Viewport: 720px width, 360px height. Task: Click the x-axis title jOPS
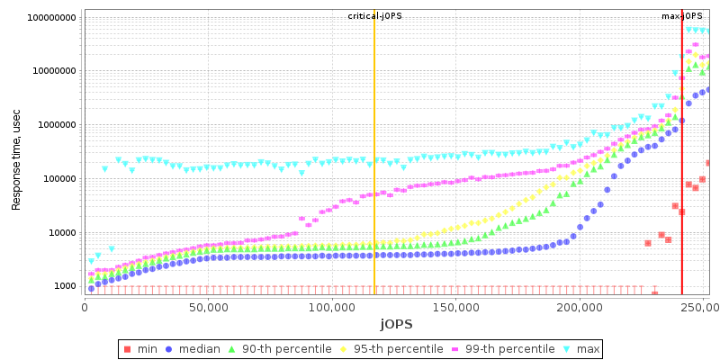pos(396,323)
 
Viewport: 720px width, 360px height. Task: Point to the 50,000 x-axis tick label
pos(208,306)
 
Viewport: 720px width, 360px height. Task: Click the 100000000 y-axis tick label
pos(52,17)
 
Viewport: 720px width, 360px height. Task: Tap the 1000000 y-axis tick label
pos(58,125)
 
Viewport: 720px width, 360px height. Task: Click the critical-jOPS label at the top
pos(374,16)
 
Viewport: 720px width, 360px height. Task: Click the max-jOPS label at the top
pos(681,16)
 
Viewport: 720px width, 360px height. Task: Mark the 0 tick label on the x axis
pos(85,306)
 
